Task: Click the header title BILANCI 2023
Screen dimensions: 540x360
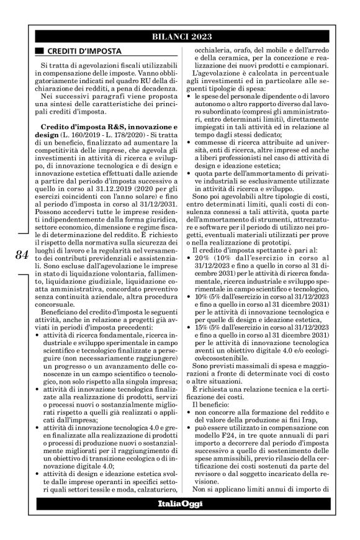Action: [x=179, y=37]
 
